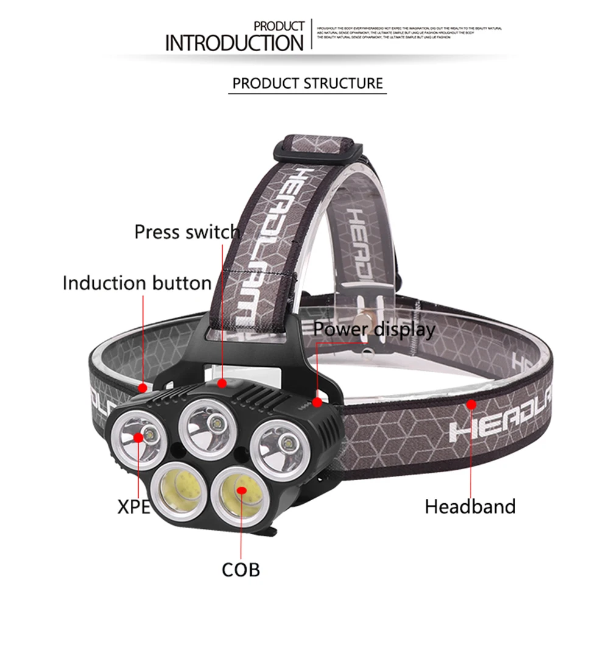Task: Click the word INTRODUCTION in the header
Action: pos(234,43)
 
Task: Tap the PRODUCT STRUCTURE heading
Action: pos(308,83)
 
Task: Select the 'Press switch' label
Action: pos(187,232)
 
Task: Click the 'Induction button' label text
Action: pos(137,283)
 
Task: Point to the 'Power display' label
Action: pos(375,330)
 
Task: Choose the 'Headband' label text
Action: pos(470,506)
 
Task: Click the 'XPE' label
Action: pos(133,506)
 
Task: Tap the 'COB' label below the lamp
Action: pos(241,570)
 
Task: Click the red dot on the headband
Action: pos(471,404)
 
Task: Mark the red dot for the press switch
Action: pos(222,383)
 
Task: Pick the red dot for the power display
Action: pos(317,402)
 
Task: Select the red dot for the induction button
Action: pos(143,387)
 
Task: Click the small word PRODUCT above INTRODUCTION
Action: pos(278,26)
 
